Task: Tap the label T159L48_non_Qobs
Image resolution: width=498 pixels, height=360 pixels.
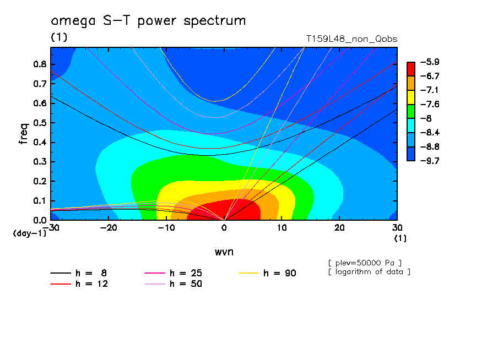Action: coord(352,39)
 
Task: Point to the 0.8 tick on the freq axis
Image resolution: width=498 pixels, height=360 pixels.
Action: coord(40,64)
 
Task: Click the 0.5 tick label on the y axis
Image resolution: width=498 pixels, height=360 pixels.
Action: coord(40,123)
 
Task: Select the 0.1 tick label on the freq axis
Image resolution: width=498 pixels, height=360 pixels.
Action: coord(40,201)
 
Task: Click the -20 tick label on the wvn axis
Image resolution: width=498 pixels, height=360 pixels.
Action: coord(109,228)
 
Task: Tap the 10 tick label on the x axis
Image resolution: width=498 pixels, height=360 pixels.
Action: coord(282,228)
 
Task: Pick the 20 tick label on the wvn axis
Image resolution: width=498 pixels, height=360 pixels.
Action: coord(339,228)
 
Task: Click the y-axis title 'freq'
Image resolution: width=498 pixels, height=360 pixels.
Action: coord(24,134)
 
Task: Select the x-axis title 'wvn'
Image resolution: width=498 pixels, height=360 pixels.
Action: coord(224,252)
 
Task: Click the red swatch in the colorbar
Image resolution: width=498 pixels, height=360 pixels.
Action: coord(411,69)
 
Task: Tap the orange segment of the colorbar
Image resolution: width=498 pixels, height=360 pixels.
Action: coord(411,83)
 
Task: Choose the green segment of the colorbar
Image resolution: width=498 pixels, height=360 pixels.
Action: coord(411,111)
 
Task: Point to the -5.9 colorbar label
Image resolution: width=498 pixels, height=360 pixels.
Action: coord(430,62)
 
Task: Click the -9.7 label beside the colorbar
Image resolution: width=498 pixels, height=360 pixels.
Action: coord(430,161)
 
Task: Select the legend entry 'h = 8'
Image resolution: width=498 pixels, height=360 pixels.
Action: coord(78,273)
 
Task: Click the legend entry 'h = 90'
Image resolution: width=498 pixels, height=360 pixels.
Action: coord(267,273)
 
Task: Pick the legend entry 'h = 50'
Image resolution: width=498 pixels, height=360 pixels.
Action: coord(173,284)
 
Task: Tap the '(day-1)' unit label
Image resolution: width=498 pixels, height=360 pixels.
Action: coord(30,233)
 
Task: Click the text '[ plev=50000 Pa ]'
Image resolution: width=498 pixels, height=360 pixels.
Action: coord(365,263)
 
